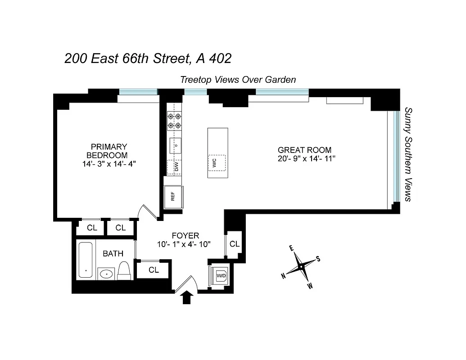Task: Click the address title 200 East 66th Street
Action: tap(148, 59)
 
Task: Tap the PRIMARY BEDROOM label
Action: tap(109, 151)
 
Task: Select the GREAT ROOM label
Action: tap(304, 150)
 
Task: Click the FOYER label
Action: tap(185, 235)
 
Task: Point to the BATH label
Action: tap(113, 254)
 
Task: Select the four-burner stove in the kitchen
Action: tap(174, 120)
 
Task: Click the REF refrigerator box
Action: tap(172, 196)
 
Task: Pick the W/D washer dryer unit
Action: tap(221, 275)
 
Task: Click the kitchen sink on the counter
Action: tap(175, 145)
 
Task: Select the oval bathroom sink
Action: tap(107, 273)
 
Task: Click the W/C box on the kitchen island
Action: tap(217, 162)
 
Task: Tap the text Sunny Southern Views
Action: tap(408, 154)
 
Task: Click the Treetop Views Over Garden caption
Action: tap(238, 80)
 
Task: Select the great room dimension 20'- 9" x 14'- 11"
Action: tap(307, 159)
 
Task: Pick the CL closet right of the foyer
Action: tap(234, 244)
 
